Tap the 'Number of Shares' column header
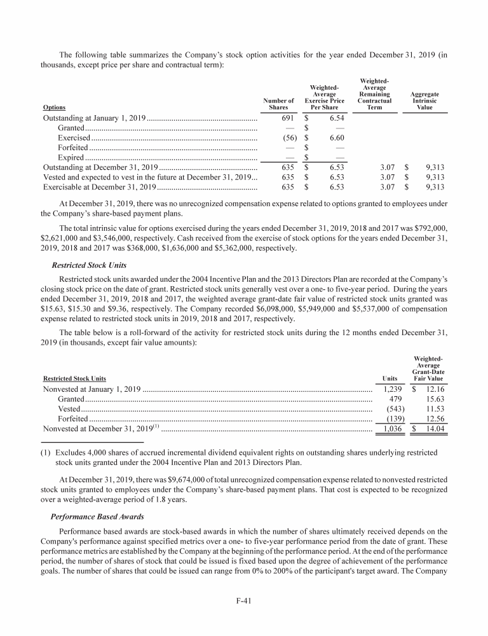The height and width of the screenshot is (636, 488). (281, 104)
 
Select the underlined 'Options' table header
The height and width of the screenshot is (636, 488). (53, 107)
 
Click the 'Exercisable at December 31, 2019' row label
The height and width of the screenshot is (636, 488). (100, 187)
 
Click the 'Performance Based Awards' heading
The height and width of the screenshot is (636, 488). (91, 516)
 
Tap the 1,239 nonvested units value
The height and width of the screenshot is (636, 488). (389, 389)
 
